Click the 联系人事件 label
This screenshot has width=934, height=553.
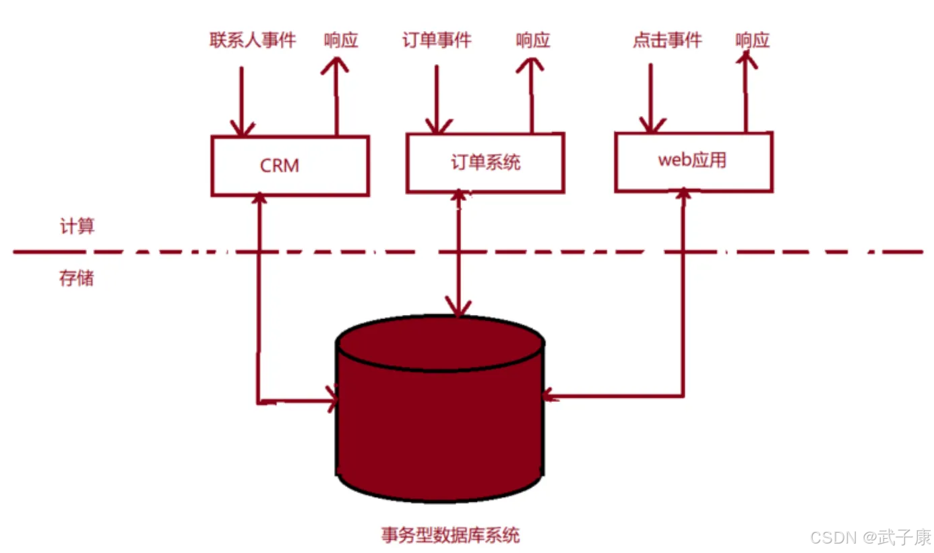253,40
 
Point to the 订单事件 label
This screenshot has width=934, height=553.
437,40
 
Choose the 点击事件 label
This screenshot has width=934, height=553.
667,40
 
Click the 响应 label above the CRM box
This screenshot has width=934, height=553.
341,40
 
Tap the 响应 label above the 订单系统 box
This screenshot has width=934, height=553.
533,40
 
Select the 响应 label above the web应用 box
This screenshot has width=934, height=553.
752,40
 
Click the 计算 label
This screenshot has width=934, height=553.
77,226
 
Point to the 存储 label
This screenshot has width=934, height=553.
76,278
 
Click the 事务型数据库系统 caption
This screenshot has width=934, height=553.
450,535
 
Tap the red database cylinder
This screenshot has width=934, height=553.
440,408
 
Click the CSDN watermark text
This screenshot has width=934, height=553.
871,537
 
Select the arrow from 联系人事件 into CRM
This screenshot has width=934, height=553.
242,101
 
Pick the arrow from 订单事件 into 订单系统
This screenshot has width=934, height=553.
437,99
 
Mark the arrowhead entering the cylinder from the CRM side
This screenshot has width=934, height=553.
333,399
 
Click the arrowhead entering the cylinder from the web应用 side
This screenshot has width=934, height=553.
549,395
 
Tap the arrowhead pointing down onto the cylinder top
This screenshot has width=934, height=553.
458,307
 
